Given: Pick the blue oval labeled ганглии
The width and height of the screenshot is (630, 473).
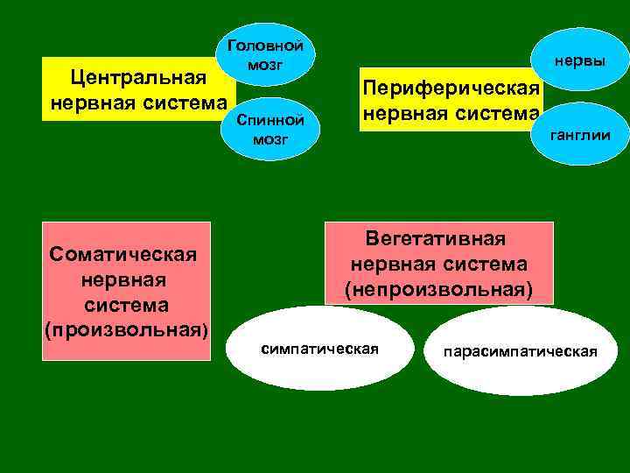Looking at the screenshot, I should tap(580, 134).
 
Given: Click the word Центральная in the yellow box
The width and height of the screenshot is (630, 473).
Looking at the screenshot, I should tap(138, 77).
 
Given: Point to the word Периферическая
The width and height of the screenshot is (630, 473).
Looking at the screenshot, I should tap(451, 88).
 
